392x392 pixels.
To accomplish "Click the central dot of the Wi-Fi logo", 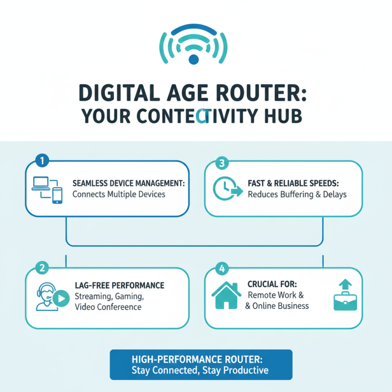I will tap(194, 59).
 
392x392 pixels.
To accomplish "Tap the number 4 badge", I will tap(221, 269).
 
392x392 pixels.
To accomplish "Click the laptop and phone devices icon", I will tap(48, 188).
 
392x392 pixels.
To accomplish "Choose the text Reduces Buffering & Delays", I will tap(297, 195).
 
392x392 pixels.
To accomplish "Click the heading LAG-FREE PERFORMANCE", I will tap(120, 285).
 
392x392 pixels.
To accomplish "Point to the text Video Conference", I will tap(108, 307).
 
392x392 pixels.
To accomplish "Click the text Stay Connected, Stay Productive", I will tap(200, 370).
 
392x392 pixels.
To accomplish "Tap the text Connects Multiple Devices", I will tap(119, 194).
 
